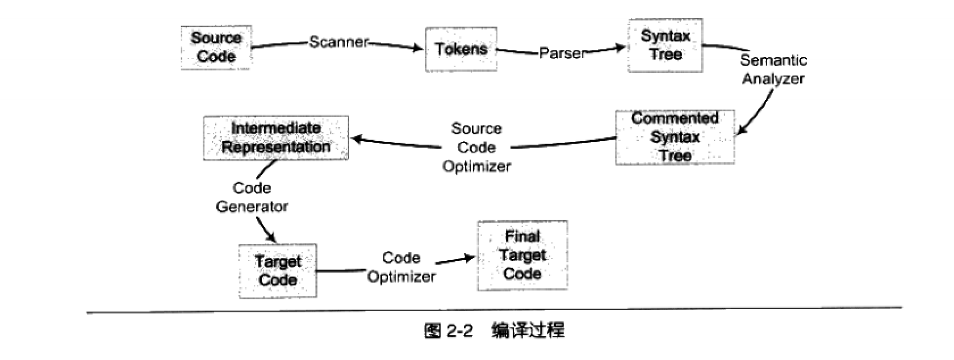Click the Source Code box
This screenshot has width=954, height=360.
216,48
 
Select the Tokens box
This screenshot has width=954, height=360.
461,49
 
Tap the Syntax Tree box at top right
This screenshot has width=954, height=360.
665,45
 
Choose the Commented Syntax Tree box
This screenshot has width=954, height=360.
675,137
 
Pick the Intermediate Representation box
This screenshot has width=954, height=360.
275,137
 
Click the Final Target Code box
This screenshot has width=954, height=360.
522,255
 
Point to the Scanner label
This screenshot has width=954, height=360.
339,42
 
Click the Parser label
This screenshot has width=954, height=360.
562,53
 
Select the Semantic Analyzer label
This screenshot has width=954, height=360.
773,69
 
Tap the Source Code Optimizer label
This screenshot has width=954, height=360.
476,148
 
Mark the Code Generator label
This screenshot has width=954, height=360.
252,197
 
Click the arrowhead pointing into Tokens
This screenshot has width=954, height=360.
419,49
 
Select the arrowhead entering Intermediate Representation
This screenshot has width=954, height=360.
356,137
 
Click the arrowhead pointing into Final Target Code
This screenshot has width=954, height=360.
470,258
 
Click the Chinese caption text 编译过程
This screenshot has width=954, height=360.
528,331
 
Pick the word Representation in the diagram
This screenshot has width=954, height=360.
276,147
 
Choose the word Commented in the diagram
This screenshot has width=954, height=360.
675,118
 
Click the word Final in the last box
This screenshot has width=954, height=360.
522,236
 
